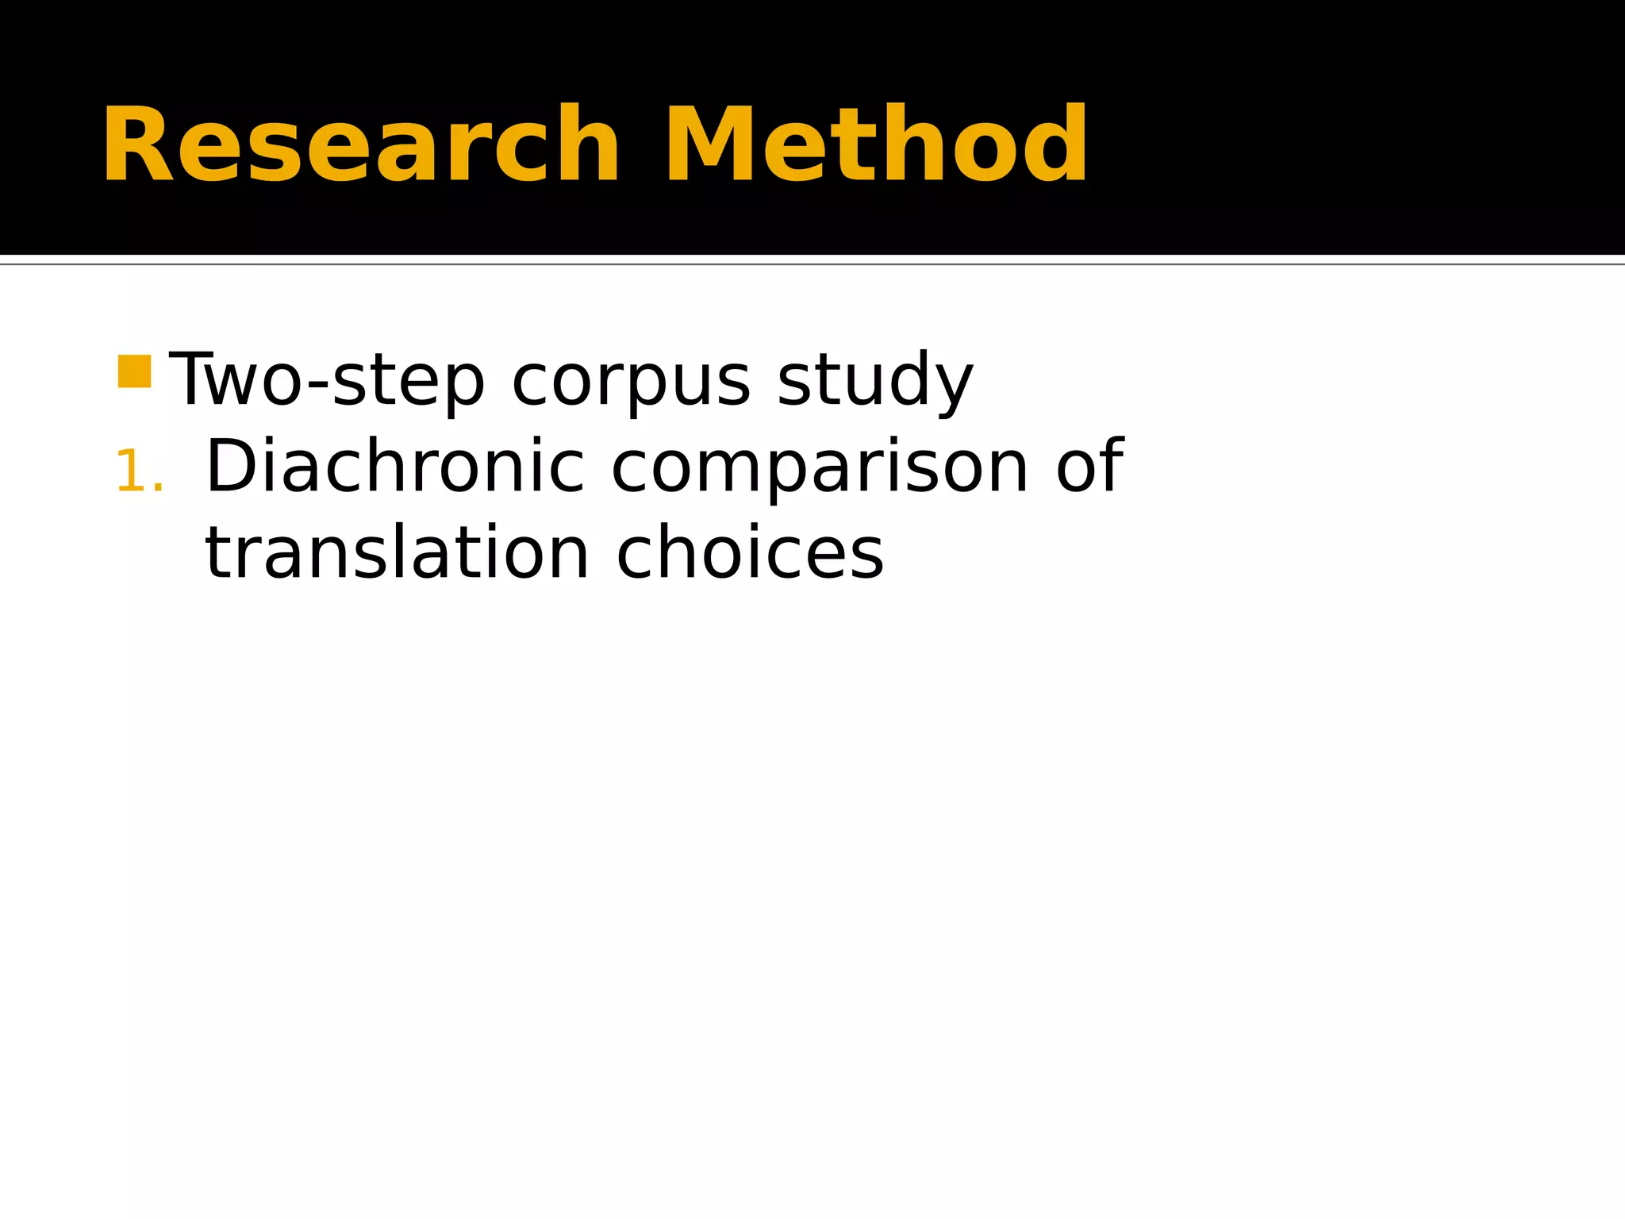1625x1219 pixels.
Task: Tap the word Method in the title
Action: (x=876, y=146)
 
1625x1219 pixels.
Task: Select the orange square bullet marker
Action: (x=134, y=371)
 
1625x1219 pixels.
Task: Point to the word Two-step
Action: (x=327, y=381)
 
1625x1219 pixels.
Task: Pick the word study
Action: (x=874, y=381)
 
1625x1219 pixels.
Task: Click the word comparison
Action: (x=820, y=468)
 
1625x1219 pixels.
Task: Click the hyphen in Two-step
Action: (x=318, y=385)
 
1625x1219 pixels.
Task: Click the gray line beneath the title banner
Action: (x=812, y=263)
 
